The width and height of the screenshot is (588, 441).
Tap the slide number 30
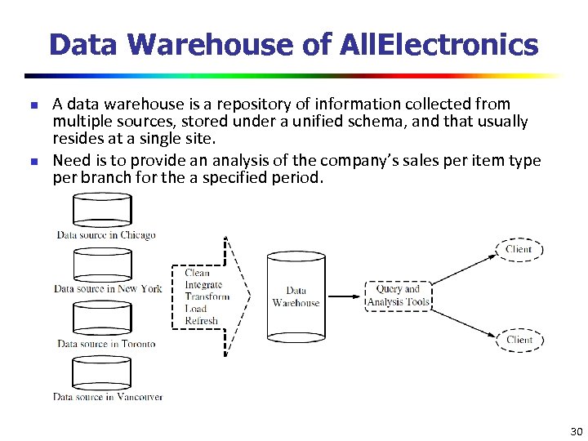tap(576, 431)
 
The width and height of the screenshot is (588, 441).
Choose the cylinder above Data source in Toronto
tap(102, 319)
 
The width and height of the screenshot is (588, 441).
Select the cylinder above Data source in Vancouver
tap(102, 373)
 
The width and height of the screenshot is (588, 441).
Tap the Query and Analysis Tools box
tap(398, 296)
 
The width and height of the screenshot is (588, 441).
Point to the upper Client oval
tap(519, 249)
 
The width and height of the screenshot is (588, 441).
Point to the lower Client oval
tap(519, 340)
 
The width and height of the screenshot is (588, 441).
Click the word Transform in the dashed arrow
tap(207, 297)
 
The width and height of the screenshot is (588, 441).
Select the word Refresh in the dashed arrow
tap(202, 321)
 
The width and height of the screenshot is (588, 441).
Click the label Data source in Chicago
tap(106, 235)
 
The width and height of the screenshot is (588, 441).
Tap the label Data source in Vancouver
tap(108, 397)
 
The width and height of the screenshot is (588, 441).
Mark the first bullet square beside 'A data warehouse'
tap(33, 105)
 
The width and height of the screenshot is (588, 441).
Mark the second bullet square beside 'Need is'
tap(33, 161)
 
